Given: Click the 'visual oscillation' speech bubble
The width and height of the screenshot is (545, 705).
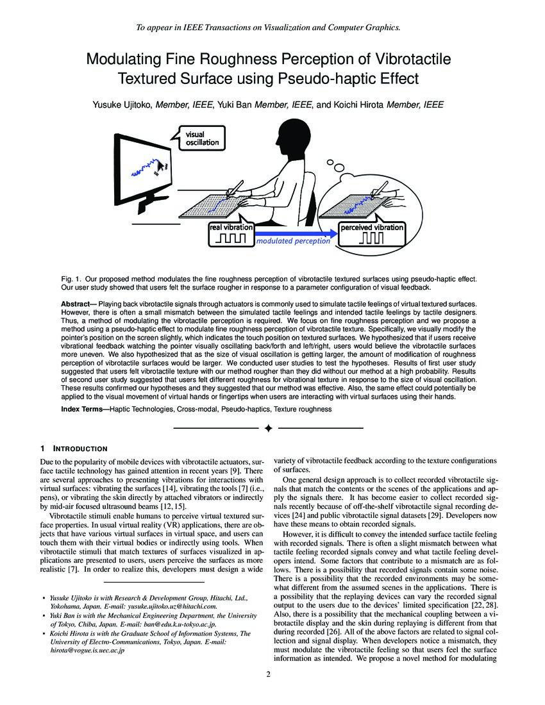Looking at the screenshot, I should pyautogui.click(x=201, y=138).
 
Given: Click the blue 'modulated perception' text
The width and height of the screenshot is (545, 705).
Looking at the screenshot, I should pyautogui.click(x=293, y=242).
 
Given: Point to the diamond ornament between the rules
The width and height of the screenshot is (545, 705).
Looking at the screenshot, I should pyautogui.click(x=269, y=427).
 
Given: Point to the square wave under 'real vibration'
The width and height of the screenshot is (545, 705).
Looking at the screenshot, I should pyautogui.click(x=231, y=238).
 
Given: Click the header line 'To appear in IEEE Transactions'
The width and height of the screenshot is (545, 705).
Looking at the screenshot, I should pyautogui.click(x=269, y=28).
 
